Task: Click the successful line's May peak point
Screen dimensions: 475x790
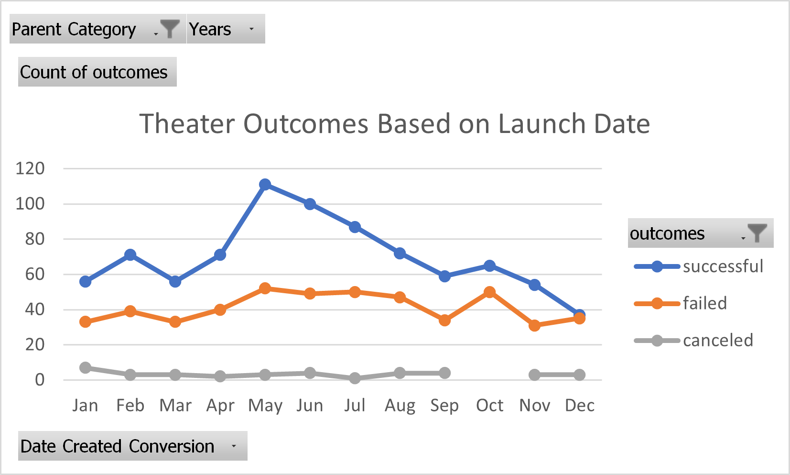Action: [265, 185]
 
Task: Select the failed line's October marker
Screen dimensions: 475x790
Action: [489, 292]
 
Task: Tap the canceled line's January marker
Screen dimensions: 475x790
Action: [86, 368]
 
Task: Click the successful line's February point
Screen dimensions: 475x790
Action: [130, 255]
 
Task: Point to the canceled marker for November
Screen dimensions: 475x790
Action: [534, 375]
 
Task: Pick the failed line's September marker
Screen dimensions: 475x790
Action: [444, 320]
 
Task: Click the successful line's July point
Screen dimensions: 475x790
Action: [355, 227]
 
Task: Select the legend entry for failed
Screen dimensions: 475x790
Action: [704, 303]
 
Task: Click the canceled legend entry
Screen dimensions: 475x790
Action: [717, 341]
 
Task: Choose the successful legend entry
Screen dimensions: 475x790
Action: [722, 266]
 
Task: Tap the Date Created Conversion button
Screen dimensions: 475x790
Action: [132, 446]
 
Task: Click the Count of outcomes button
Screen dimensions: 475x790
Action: [97, 72]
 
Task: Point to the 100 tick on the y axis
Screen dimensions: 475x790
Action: [30, 204]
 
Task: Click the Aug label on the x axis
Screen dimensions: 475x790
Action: [400, 406]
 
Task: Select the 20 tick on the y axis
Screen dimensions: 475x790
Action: [34, 344]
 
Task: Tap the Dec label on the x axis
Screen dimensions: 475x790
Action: [579, 406]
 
